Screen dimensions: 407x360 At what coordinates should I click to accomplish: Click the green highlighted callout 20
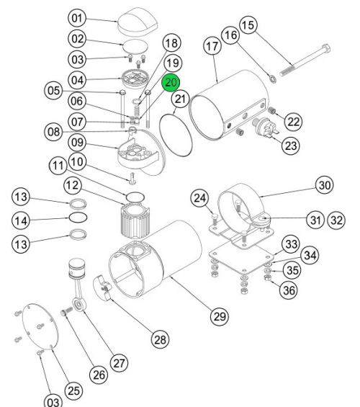(171, 83)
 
